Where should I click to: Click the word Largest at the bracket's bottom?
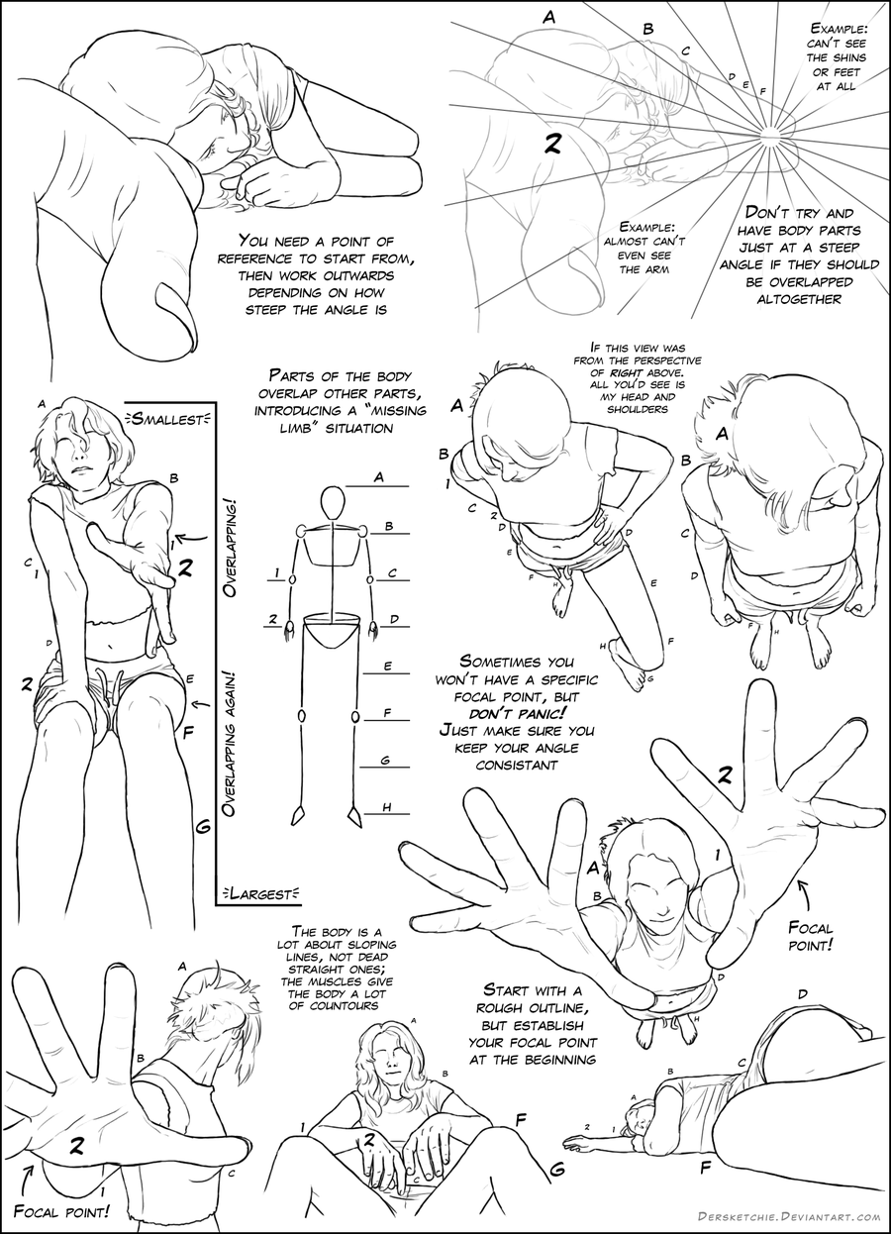tap(262, 893)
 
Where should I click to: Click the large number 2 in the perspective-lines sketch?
tap(552, 146)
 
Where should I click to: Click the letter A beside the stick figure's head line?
tap(378, 475)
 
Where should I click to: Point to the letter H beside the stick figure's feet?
tap(388, 807)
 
